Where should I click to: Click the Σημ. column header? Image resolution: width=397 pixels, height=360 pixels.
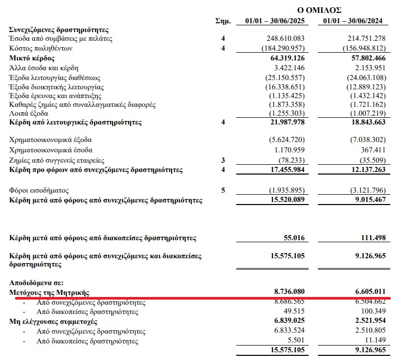click(x=223, y=21)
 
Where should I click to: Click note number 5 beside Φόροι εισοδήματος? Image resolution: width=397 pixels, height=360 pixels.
click(x=223, y=190)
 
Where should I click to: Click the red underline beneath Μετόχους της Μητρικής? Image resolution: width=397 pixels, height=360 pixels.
click(x=202, y=298)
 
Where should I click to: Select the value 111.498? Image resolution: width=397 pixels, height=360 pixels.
click(x=371, y=238)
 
